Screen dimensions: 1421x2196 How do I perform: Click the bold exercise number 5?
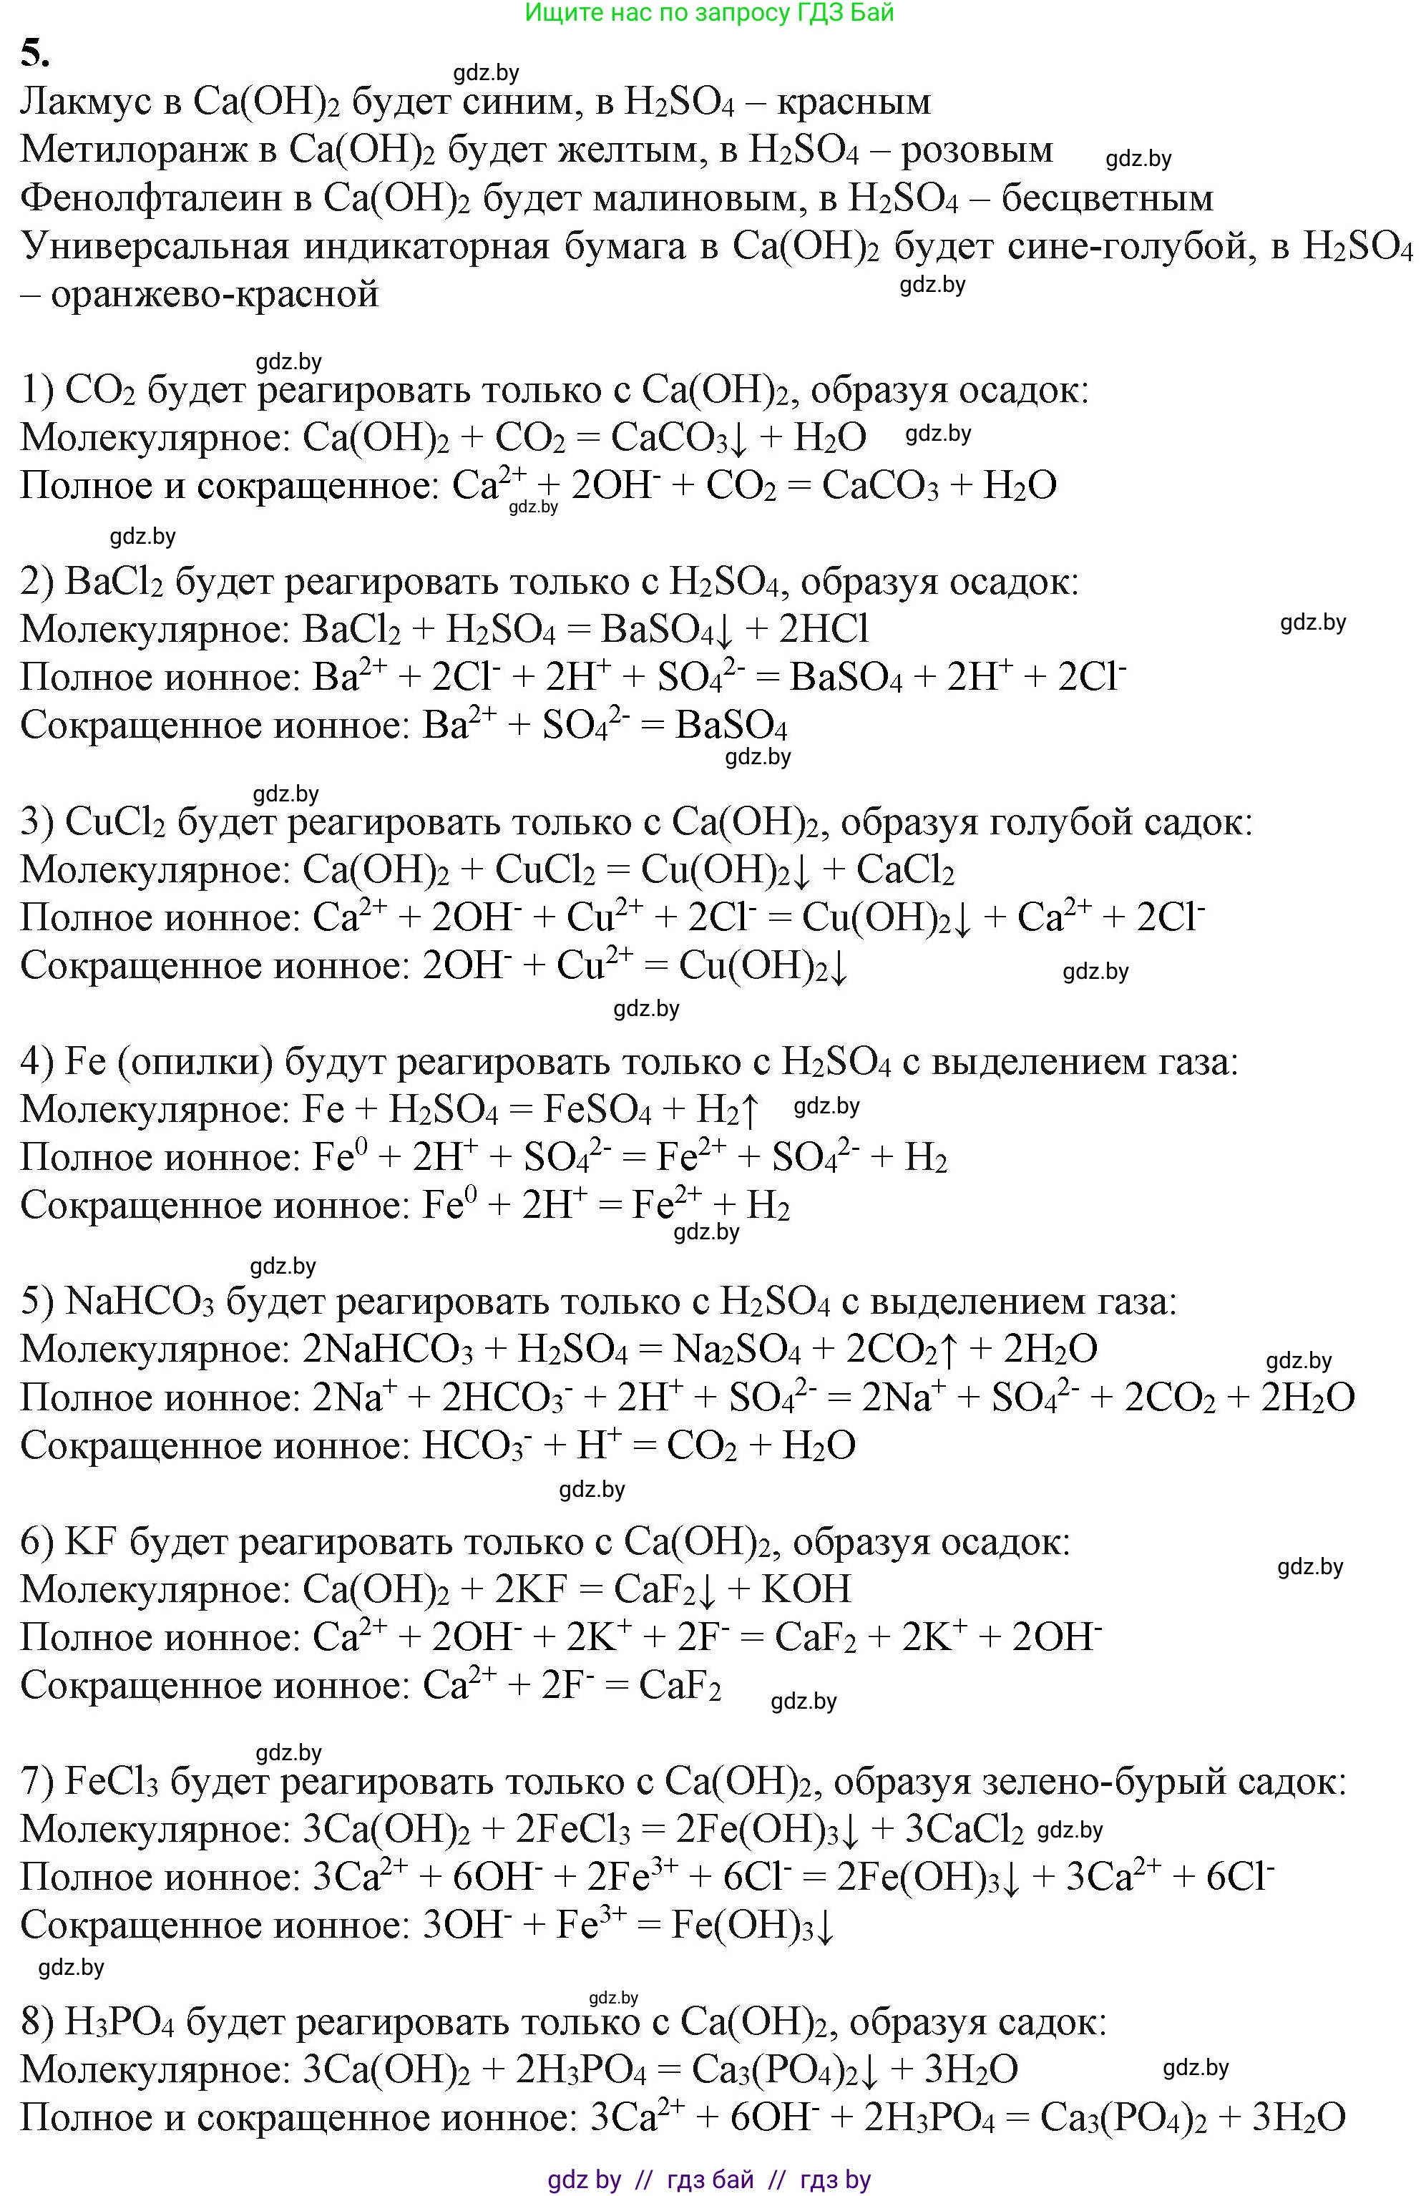35,54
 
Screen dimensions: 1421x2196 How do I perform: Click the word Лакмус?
86,102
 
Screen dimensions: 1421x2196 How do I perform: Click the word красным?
854,102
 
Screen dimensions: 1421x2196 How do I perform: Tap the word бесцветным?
1108,198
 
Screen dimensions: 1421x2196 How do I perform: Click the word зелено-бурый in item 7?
1048,1781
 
